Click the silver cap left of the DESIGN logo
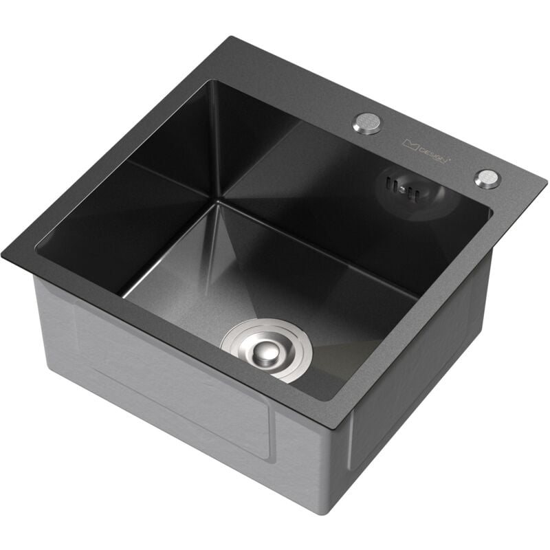[x=366, y=124]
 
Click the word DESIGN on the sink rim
[x=435, y=154]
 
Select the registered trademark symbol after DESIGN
[x=450, y=159]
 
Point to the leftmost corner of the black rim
[x=3, y=250]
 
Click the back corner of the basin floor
[x=219, y=202]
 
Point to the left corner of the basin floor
[x=124, y=296]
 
